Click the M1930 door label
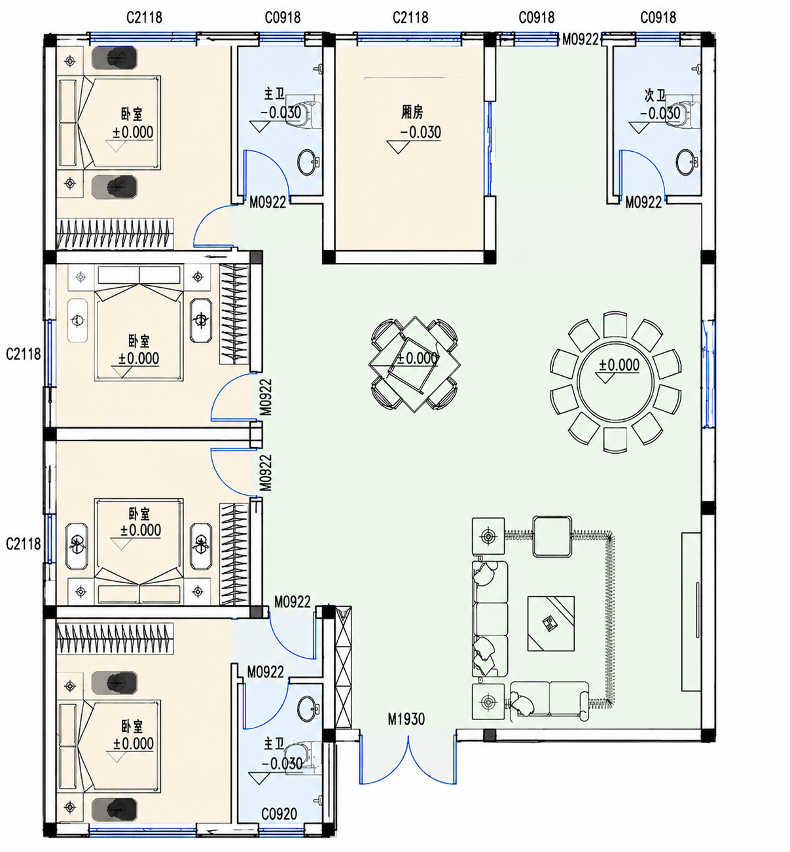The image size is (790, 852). [x=406, y=719]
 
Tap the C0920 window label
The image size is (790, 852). [x=279, y=813]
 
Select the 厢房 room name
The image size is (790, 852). [x=412, y=112]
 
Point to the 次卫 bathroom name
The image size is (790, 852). [x=655, y=95]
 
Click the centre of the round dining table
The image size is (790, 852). [x=616, y=381]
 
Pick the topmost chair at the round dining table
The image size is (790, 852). [x=615, y=325]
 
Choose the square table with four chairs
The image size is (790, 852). [x=414, y=365]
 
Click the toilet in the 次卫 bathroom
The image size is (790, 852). [x=684, y=112]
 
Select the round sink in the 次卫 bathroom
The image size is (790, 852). [x=686, y=162]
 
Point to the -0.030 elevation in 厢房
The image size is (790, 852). [x=420, y=132]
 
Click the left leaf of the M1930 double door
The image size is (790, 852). [x=384, y=759]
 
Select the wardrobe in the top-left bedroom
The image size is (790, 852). [x=115, y=234]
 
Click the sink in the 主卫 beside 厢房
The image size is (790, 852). [x=308, y=162]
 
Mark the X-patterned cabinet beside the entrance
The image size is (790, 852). [x=343, y=667]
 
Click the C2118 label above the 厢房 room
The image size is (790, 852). [x=410, y=17]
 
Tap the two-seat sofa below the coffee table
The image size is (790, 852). [x=549, y=700]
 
